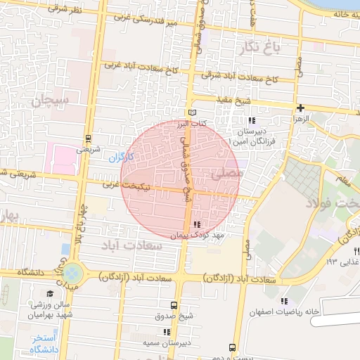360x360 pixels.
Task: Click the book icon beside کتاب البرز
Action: point(192,112)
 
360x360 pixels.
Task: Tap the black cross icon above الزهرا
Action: point(301,108)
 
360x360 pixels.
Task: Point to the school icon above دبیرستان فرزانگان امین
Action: point(252,120)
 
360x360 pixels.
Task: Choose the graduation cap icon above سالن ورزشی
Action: point(49,293)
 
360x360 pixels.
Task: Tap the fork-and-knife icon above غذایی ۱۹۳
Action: point(356,251)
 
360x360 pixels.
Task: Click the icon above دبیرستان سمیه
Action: point(167,332)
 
